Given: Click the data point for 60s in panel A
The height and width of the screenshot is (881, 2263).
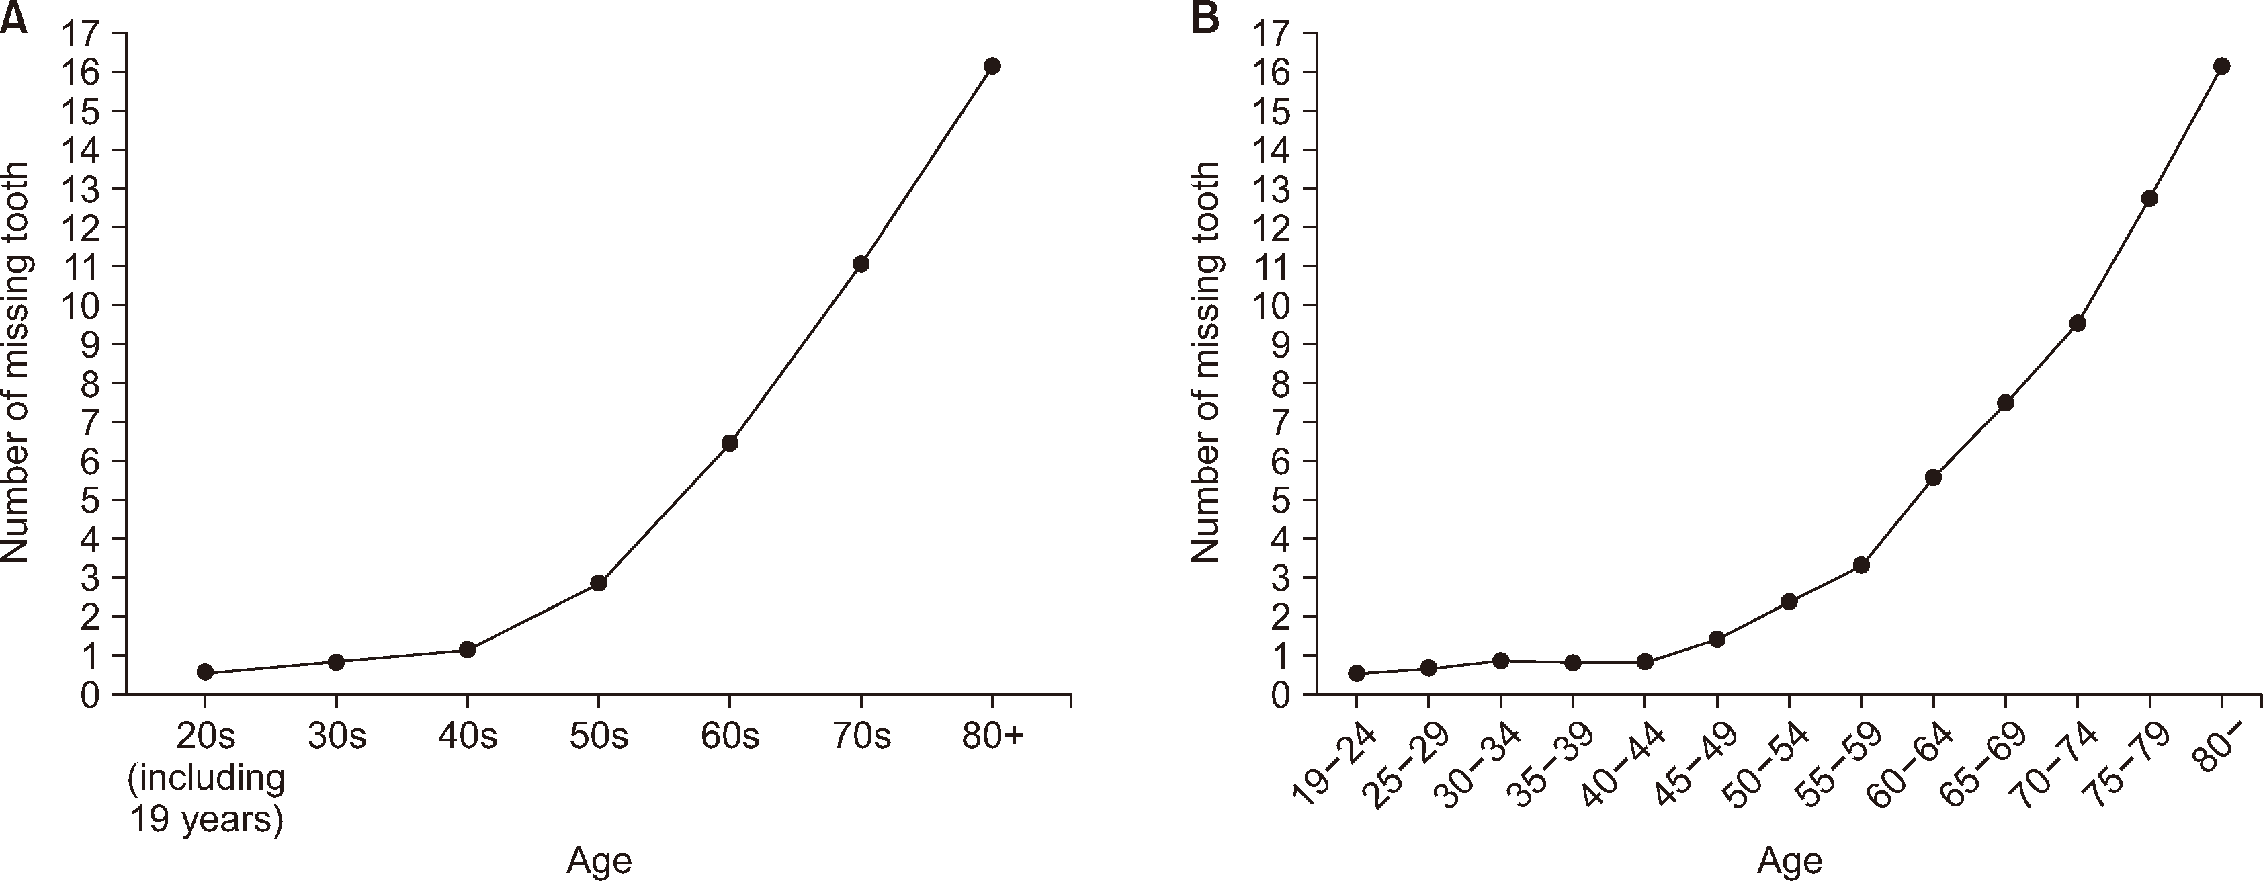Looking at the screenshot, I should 729,443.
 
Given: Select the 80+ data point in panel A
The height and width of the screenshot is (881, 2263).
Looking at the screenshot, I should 992,66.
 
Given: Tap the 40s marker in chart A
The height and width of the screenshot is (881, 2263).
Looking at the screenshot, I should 468,649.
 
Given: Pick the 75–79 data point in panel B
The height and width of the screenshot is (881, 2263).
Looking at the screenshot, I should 2149,198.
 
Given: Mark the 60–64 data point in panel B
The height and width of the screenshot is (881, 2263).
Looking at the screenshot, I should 1932,477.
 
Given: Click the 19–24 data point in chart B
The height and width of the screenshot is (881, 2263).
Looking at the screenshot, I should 1357,673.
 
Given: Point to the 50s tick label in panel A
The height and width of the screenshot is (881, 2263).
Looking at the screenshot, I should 598,736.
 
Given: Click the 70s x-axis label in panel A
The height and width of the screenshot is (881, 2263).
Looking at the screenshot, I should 861,736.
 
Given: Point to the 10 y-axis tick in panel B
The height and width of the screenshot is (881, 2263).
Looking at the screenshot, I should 1271,306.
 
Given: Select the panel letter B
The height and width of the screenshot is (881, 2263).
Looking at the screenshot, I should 1205,17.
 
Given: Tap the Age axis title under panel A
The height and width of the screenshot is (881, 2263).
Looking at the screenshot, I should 599,861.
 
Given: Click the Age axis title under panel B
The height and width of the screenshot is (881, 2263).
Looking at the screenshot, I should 1789,861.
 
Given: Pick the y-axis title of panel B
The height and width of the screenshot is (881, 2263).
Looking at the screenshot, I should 1205,362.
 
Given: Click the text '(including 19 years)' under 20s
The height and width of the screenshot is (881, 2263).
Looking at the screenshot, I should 208,798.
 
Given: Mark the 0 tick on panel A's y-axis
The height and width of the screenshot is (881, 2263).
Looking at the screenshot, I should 91,695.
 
